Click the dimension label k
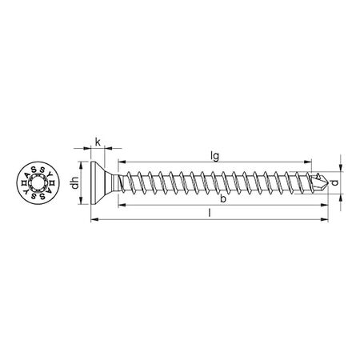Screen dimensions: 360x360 [98, 142]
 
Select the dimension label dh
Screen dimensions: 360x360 [74, 186]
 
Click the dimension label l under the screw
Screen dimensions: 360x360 [210, 214]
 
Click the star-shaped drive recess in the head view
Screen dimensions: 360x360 [34, 186]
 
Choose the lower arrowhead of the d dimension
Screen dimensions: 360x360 [338, 198]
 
